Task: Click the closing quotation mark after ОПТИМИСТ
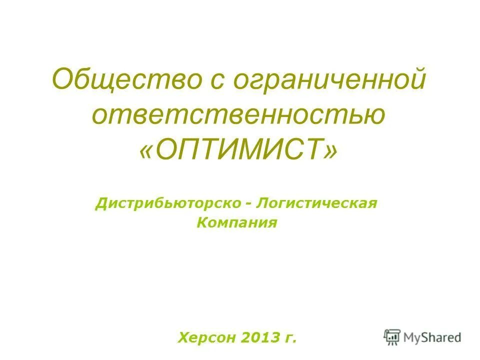[x=330, y=149]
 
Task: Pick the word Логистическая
[x=316, y=204]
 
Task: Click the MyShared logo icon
[x=392, y=337]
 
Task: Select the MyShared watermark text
[x=432, y=337]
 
